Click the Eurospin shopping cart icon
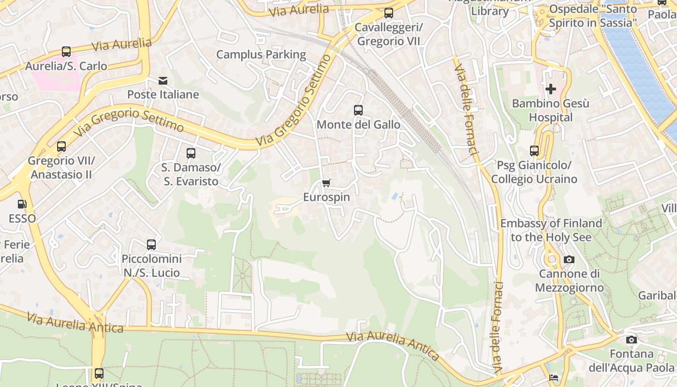(326, 183)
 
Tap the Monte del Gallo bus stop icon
(358, 110)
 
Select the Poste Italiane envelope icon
(163, 80)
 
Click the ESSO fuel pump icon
(22, 205)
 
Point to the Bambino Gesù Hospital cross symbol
(550, 89)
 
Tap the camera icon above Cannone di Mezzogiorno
(569, 260)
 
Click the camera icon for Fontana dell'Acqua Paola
(632, 340)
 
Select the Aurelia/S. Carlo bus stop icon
(66, 52)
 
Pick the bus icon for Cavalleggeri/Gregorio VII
(388, 13)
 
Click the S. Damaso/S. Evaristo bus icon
(191, 153)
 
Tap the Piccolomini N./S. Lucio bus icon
(151, 245)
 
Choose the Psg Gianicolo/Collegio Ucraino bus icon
(534, 151)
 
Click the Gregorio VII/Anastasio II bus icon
(61, 147)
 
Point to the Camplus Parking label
(261, 55)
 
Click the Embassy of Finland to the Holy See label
(551, 230)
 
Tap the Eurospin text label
(326, 197)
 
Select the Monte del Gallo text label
(358, 125)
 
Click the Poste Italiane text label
(163, 94)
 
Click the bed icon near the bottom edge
(554, 377)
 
